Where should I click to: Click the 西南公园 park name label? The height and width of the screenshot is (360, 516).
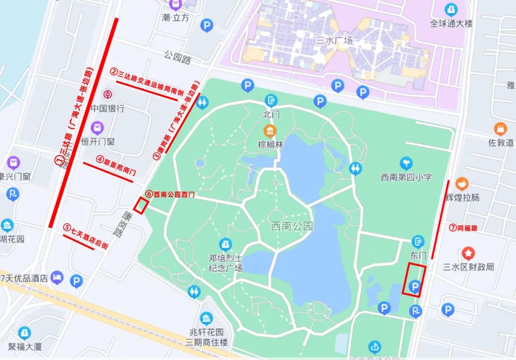tap(291, 226)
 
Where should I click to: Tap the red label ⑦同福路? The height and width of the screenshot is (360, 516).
tap(463, 228)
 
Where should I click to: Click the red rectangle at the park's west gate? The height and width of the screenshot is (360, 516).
tap(140, 206)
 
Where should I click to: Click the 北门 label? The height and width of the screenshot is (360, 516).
tap(271, 114)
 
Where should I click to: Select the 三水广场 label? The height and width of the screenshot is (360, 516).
tap(334, 41)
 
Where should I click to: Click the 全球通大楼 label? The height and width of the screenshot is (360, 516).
tap(451, 23)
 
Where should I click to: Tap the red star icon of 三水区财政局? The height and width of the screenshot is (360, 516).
tap(469, 253)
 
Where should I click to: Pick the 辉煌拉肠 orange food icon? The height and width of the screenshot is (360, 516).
tap(462, 183)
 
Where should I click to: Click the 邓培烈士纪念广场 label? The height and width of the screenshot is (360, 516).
tap(226, 263)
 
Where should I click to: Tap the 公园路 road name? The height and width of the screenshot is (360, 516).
tap(177, 59)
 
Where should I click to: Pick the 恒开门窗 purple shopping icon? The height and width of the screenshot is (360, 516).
tap(97, 128)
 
